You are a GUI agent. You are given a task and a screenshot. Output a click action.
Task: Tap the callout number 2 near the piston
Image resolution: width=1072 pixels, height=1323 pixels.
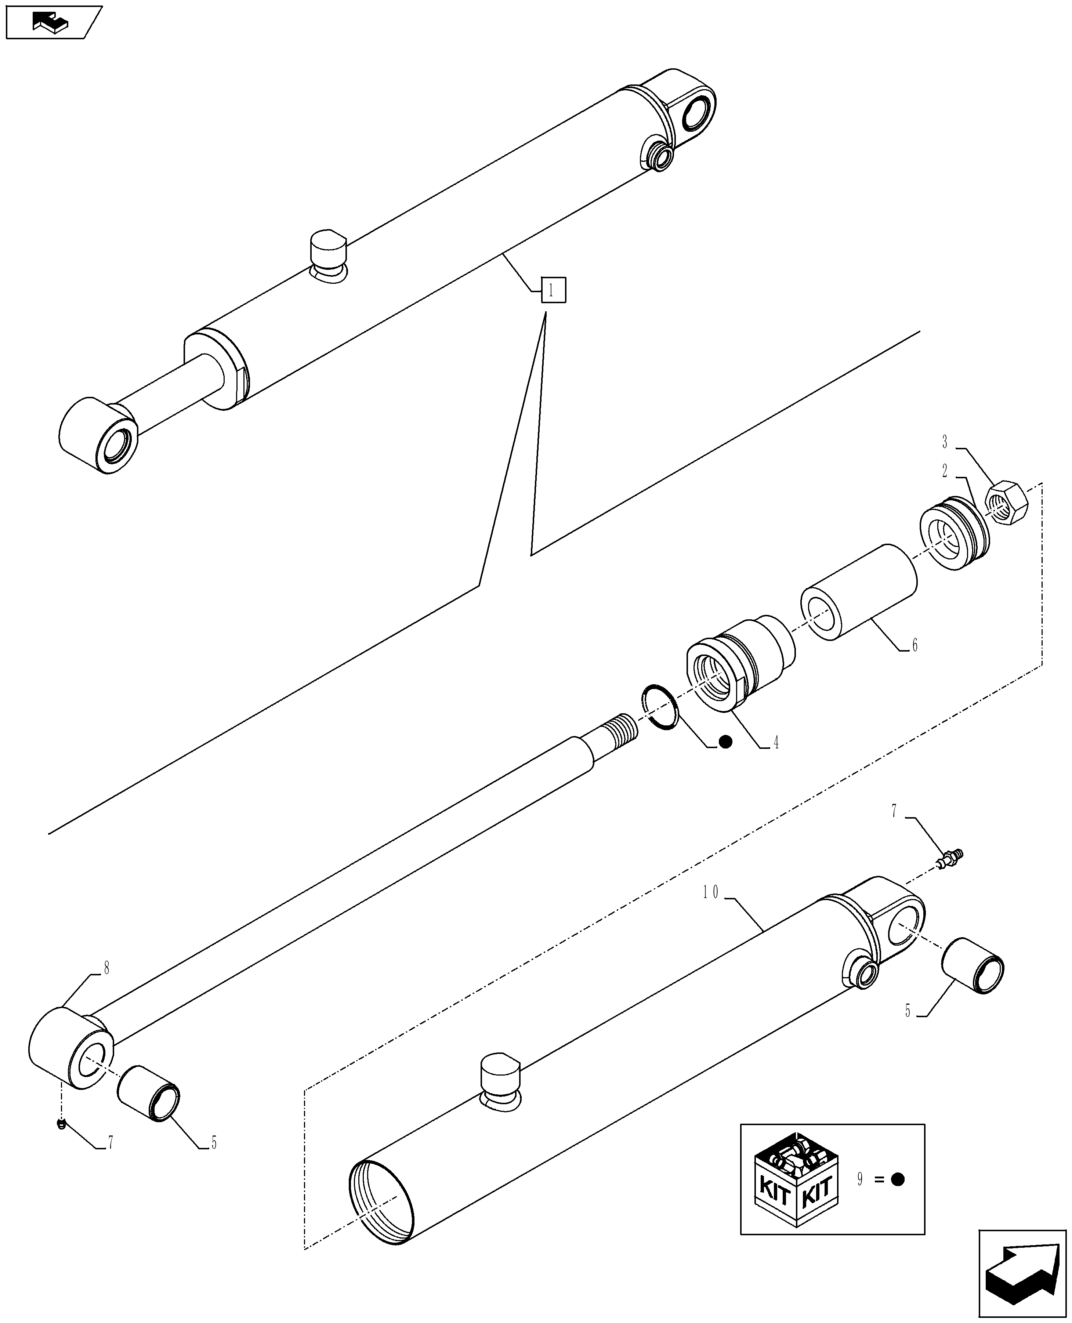(945, 471)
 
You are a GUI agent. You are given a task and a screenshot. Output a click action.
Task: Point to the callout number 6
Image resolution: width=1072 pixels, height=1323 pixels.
(915, 646)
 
